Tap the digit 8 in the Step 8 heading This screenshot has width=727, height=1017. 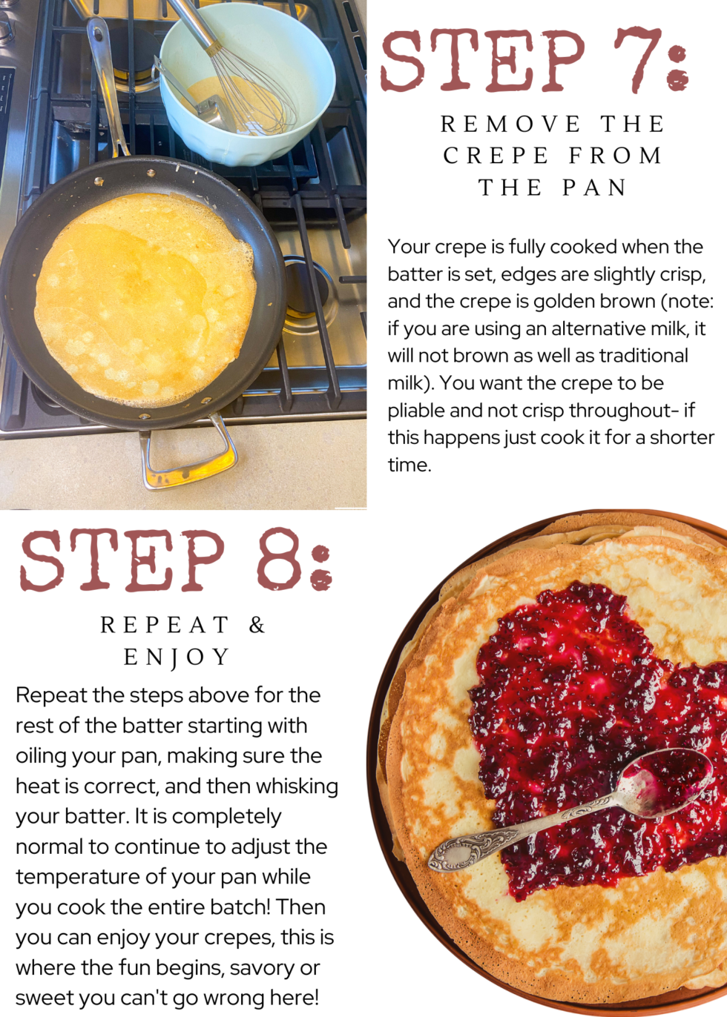pyautogui.click(x=279, y=560)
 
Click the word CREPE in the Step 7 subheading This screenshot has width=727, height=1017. pyautogui.click(x=496, y=156)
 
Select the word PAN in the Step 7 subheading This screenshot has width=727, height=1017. pyautogui.click(x=594, y=188)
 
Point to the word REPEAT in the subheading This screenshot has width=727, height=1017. pyautogui.click(x=165, y=626)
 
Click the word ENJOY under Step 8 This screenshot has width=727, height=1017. pyautogui.click(x=177, y=657)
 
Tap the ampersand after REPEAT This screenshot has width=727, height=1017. pyautogui.click(x=257, y=626)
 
